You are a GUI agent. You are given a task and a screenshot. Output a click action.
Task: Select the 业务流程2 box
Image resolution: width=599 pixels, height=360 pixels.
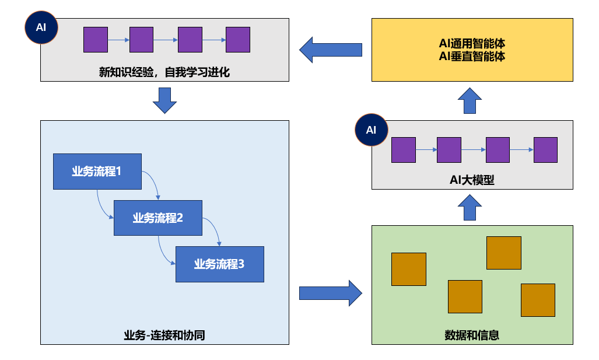(158, 218)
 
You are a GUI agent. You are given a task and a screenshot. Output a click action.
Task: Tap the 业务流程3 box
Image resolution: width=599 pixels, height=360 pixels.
(220, 264)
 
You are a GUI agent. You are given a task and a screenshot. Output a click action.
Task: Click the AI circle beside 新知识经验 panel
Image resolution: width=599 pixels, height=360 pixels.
(41, 27)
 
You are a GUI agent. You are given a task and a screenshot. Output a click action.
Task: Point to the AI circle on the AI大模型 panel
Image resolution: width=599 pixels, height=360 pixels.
(372, 130)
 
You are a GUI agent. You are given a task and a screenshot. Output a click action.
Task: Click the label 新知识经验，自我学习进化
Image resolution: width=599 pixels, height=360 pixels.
(164, 72)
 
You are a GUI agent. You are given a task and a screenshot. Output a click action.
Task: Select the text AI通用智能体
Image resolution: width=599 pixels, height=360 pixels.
(472, 44)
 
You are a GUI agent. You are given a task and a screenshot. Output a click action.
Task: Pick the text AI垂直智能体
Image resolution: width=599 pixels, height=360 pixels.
(472, 57)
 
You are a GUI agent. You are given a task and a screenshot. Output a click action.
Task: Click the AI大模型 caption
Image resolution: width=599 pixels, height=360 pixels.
(472, 180)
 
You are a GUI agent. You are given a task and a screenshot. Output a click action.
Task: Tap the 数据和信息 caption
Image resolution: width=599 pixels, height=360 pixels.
(472, 335)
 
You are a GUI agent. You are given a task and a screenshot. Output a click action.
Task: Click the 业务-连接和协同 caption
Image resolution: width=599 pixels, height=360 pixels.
(164, 335)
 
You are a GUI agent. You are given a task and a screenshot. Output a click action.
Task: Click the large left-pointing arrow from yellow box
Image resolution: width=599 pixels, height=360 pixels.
(331, 50)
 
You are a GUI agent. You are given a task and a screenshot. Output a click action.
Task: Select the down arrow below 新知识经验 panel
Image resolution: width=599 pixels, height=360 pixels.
(164, 100)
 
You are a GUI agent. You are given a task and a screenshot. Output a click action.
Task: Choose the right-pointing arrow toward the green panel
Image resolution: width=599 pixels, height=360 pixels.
(331, 293)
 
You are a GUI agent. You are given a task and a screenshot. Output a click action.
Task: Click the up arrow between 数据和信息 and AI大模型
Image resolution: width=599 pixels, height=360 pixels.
(470, 207)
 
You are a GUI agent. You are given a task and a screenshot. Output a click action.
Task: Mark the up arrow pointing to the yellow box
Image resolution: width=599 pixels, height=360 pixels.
(470, 101)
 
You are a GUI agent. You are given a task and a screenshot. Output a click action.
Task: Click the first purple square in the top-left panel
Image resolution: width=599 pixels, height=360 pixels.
(96, 40)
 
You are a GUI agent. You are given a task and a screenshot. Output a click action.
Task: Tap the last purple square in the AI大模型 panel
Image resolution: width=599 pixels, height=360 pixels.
(545, 150)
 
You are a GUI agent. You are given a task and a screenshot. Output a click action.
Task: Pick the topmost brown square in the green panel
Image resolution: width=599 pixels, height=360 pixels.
(504, 253)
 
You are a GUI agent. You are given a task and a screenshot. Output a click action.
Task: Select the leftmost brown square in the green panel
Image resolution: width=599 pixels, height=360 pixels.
(409, 269)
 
